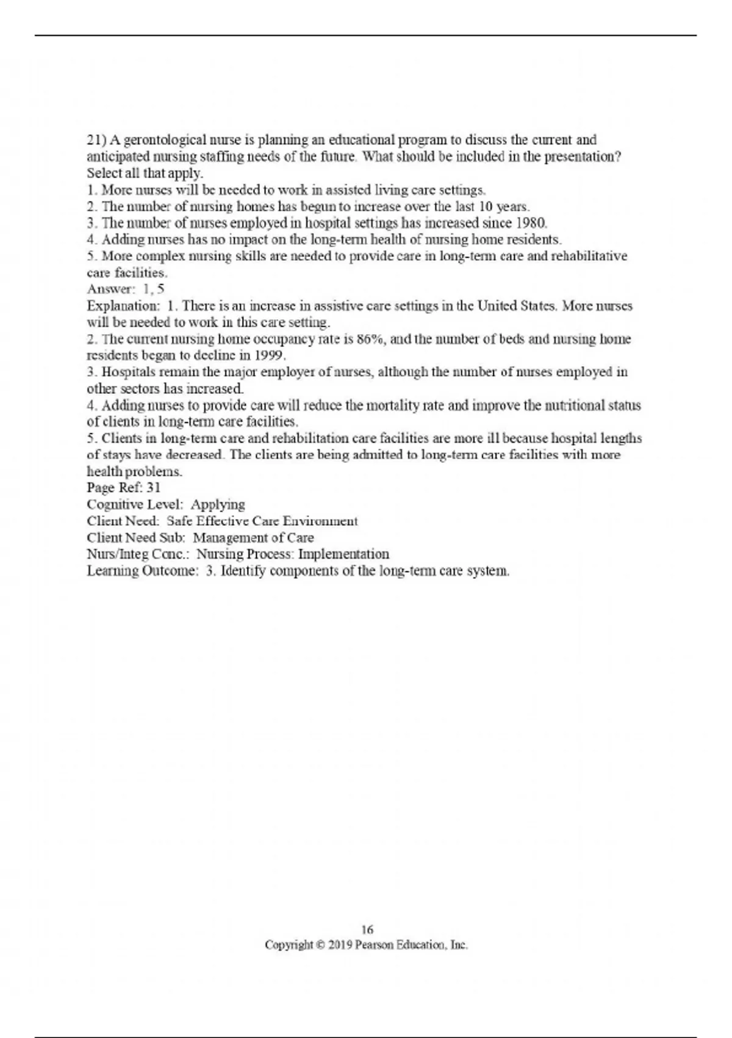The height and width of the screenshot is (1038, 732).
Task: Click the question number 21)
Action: coord(96,140)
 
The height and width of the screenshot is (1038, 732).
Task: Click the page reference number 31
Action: coord(153,488)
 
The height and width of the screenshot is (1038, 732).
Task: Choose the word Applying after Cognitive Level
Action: coord(218,504)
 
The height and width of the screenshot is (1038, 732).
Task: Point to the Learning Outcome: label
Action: coord(143,571)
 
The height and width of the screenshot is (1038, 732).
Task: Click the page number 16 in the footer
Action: coord(367,930)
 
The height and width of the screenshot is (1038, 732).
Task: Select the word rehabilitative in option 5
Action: coord(589,256)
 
